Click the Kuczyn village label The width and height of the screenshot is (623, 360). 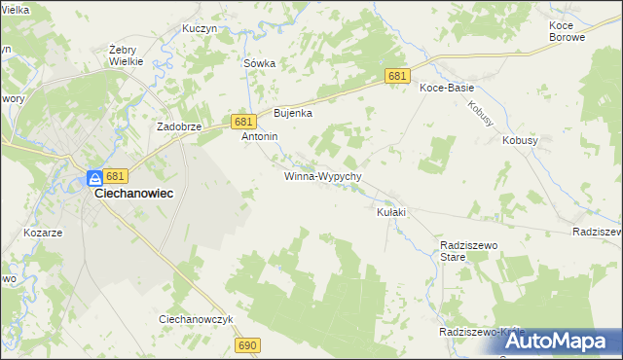click(199, 29)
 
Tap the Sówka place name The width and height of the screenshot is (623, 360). click(259, 63)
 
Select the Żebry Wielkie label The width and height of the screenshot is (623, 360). click(127, 54)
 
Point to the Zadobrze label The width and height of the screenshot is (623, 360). click(179, 126)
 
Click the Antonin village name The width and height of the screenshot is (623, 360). click(260, 137)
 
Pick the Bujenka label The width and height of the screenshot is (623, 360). click(292, 113)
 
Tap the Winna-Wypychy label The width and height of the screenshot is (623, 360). click(323, 177)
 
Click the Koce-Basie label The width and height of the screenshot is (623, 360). click(446, 88)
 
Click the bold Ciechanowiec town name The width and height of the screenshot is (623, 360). click(133, 194)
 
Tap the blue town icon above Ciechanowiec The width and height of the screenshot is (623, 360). click(94, 178)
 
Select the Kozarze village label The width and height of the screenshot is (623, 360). click(43, 234)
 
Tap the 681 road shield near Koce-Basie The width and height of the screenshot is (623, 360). click(396, 76)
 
